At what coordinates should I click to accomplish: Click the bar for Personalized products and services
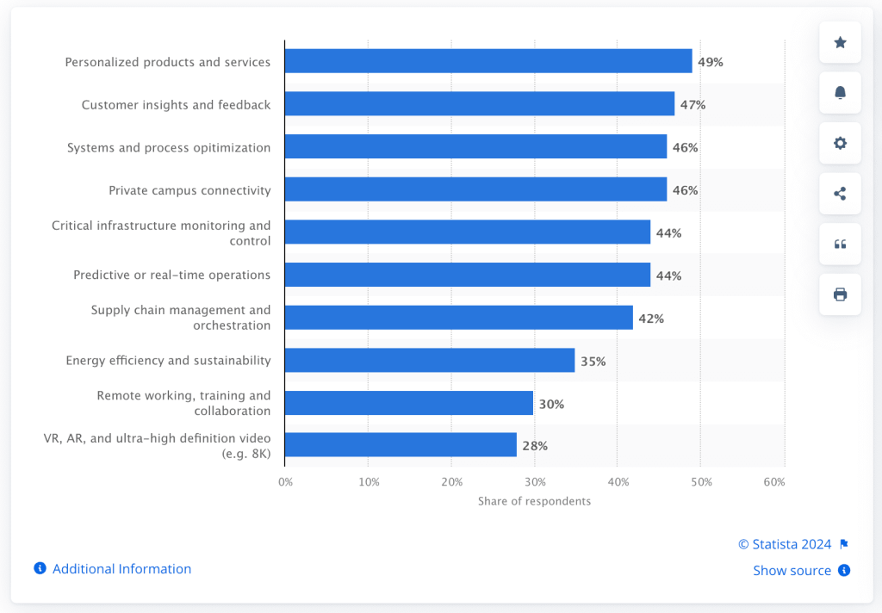(488, 61)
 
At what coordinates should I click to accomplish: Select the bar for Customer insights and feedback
(480, 104)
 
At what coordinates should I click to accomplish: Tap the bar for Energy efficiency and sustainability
(430, 361)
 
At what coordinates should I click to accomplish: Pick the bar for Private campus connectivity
(475, 189)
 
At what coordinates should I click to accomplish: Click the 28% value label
(534, 446)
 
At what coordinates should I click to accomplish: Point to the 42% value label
(650, 319)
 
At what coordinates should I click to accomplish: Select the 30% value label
(551, 404)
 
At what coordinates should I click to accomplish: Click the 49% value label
(710, 62)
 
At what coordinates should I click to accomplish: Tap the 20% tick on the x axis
(451, 482)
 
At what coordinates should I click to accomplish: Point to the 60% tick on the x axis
(774, 482)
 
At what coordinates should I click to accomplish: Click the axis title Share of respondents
(534, 501)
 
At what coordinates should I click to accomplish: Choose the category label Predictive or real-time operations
(171, 276)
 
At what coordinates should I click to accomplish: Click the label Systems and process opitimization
(169, 148)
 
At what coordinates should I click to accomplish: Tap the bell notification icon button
(840, 93)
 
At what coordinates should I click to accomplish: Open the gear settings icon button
(840, 143)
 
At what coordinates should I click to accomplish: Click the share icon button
(840, 194)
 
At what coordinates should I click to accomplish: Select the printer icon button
(840, 294)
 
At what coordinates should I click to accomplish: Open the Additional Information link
(121, 569)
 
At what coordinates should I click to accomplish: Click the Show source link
(792, 571)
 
